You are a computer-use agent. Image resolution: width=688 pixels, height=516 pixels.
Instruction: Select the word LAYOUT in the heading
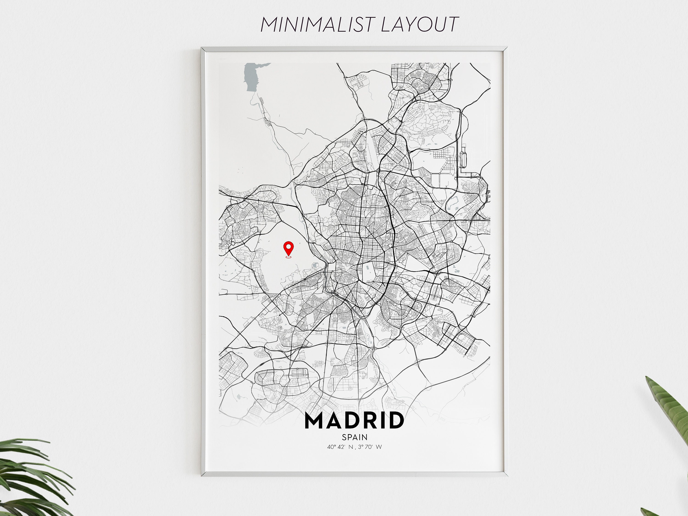(420, 24)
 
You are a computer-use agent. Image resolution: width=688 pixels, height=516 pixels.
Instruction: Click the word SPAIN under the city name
(355, 437)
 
